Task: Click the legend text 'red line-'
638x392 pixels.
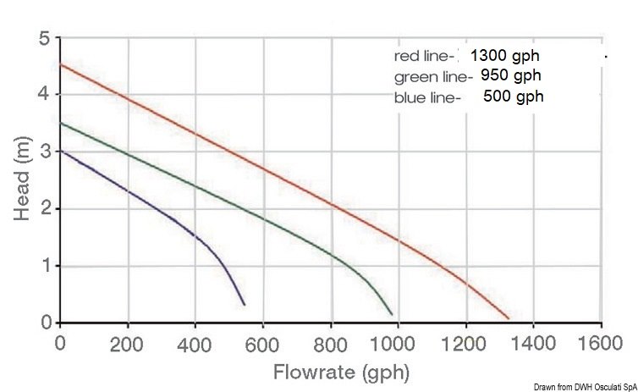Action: point(426,56)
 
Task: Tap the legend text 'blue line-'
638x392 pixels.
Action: point(427,97)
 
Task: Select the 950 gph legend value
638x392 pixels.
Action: point(511,76)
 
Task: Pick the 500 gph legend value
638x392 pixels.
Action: point(514,97)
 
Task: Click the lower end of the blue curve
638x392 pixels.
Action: point(245,304)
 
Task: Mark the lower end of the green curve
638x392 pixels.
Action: point(392,314)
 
